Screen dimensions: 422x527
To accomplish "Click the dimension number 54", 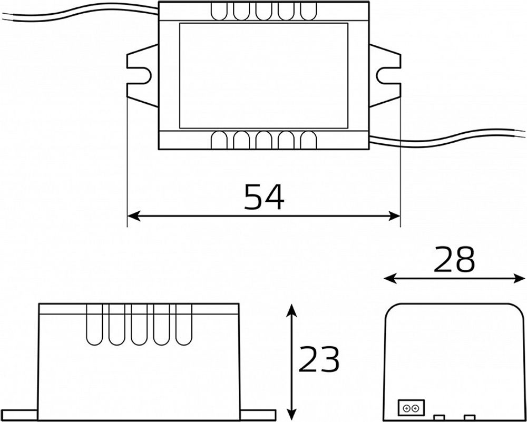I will (264, 197).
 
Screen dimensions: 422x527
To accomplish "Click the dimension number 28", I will (454, 260).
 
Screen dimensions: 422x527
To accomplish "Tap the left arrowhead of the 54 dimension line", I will (133, 216).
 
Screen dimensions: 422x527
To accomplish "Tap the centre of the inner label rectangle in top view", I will (263, 75).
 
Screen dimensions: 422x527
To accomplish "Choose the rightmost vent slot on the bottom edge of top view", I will (308, 140).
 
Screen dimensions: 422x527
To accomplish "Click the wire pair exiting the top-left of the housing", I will (79, 12).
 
